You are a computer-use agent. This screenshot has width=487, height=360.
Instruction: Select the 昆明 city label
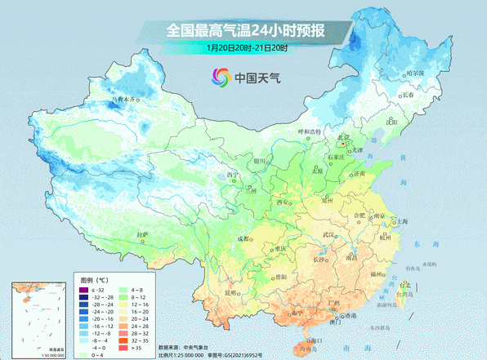click(x=212, y=291)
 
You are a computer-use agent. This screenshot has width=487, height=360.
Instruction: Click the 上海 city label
click(x=401, y=221)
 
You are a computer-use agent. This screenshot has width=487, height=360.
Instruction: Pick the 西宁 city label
click(x=235, y=174)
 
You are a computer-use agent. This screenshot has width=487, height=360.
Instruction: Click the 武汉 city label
click(x=329, y=235)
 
